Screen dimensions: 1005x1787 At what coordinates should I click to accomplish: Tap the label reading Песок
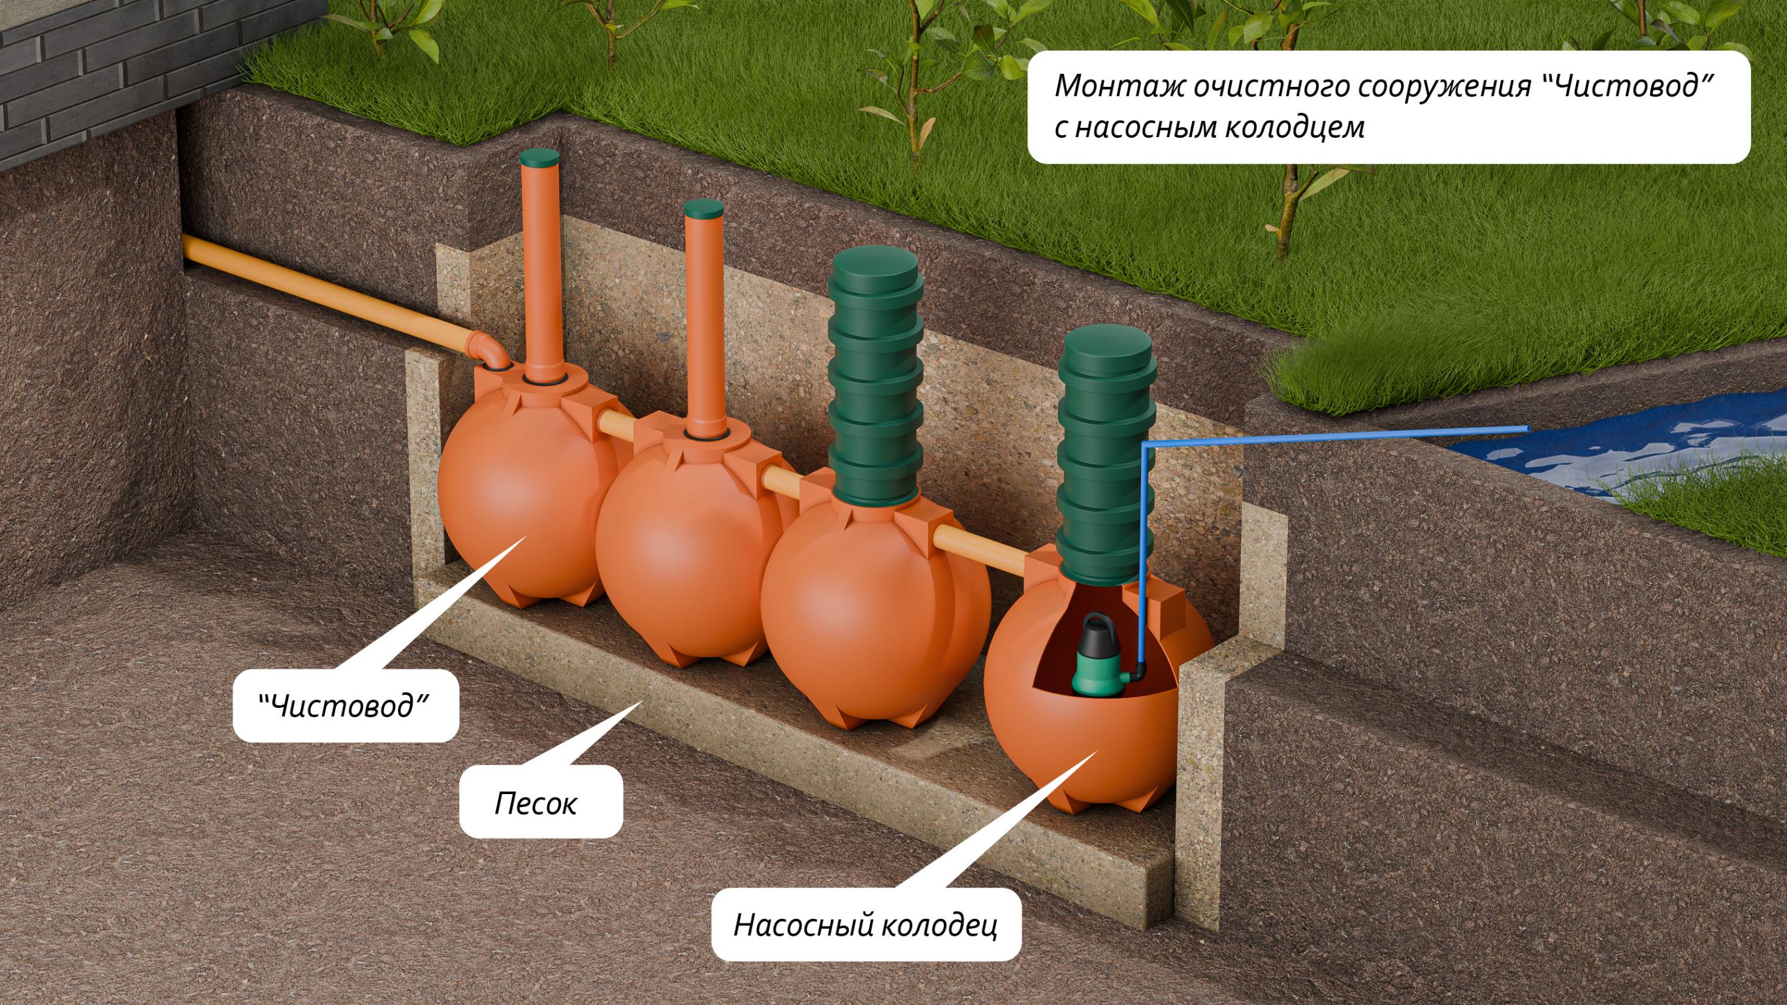[x=535, y=803]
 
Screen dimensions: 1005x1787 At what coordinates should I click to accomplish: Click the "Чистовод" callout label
[x=345, y=706]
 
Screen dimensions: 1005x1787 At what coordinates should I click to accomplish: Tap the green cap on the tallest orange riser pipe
[x=538, y=156]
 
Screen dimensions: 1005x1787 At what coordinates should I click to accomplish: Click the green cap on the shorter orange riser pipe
[x=703, y=208]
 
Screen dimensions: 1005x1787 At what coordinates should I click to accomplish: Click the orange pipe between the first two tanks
[x=615, y=424]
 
